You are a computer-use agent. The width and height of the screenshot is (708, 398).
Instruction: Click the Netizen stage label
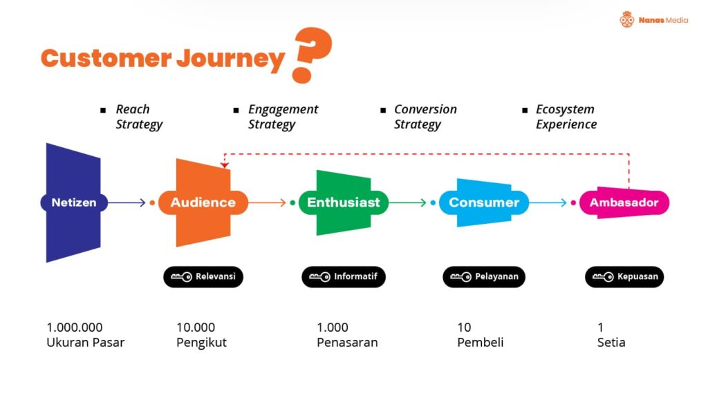(74, 202)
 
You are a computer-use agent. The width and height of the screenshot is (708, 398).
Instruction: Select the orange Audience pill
(203, 202)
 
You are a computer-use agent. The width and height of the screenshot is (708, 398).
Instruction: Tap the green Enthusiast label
(344, 202)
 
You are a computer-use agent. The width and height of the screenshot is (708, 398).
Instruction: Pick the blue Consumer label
(484, 202)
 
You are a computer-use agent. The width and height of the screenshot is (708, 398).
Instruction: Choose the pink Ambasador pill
(624, 202)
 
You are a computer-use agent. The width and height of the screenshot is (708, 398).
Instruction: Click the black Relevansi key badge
(203, 276)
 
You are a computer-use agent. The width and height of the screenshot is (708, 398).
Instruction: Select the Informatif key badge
(344, 276)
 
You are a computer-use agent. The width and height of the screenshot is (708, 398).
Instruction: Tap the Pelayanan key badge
(484, 276)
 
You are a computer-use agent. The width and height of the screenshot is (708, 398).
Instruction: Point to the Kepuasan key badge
(624, 276)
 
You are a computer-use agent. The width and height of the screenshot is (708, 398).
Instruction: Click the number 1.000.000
(75, 327)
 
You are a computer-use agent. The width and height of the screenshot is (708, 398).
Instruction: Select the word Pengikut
(201, 343)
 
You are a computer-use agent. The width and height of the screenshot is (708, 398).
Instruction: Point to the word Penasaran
(347, 343)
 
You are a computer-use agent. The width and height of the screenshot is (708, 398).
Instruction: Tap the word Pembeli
(481, 343)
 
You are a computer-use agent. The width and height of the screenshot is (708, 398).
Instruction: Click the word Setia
(611, 343)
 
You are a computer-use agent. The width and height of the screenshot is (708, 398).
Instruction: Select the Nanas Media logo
(654, 19)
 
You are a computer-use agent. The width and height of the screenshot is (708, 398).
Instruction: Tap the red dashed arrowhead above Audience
(225, 165)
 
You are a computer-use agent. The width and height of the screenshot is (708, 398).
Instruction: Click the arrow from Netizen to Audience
(127, 202)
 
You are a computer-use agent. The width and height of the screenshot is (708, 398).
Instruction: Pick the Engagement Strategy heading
(283, 117)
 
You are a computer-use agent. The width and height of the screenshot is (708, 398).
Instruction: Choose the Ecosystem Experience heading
(566, 117)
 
